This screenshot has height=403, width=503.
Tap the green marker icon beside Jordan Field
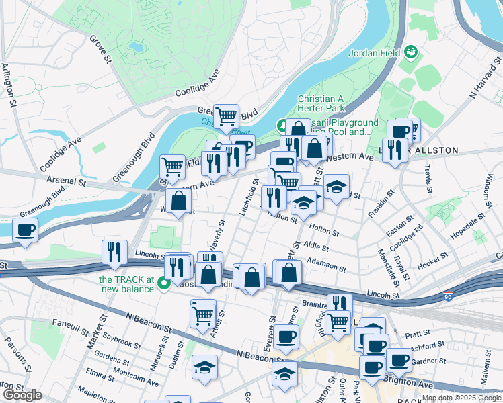click(410, 52)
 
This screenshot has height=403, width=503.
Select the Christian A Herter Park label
click(321, 103)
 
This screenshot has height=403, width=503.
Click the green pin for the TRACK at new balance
click(163, 285)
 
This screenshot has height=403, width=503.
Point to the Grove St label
click(100, 50)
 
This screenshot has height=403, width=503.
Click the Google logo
click(22, 394)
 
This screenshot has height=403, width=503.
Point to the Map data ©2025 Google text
click(461, 398)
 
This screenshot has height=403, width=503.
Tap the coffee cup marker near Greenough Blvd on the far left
click(26, 230)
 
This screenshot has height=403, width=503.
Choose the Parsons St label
click(17, 353)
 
